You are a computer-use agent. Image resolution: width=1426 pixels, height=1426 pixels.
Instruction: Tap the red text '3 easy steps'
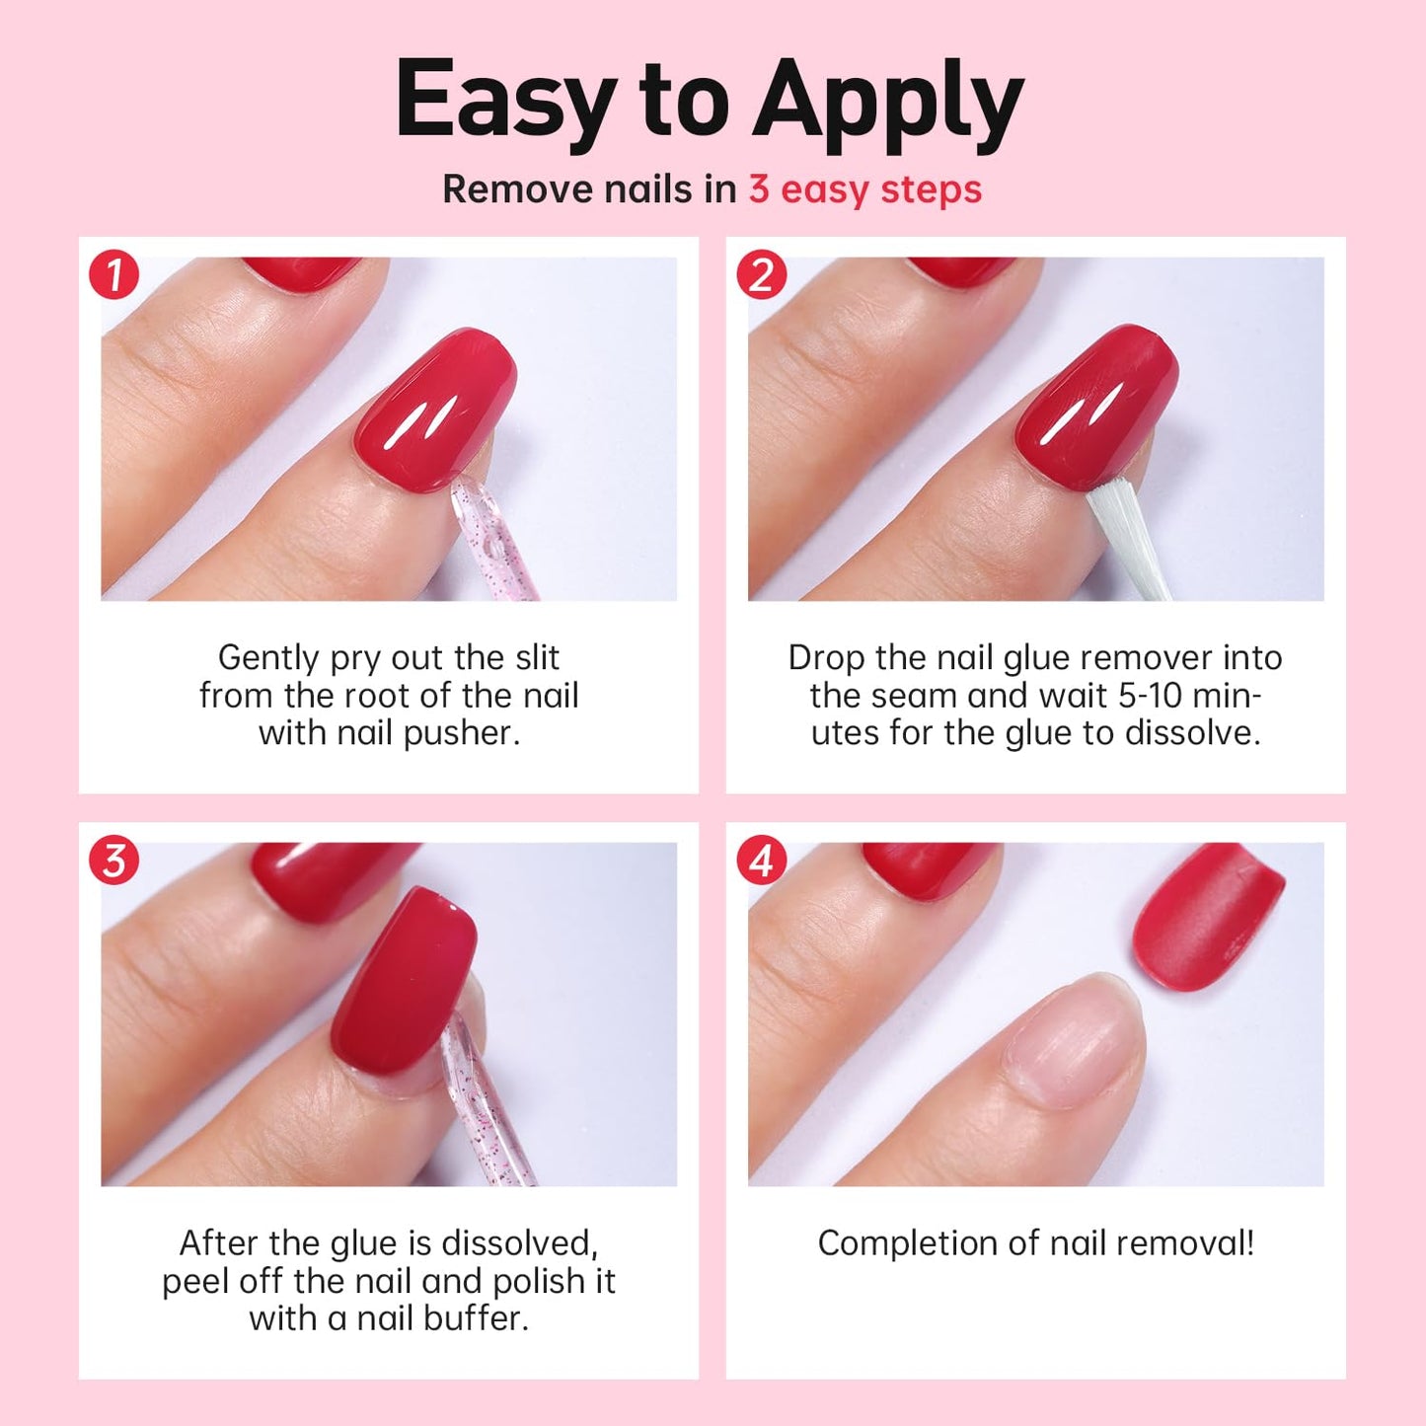[864, 189]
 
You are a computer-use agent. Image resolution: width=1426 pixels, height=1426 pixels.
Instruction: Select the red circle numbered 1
[114, 275]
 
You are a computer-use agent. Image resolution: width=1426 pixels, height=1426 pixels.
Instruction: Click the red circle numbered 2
[761, 275]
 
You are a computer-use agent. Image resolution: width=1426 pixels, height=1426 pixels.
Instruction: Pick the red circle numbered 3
[114, 861]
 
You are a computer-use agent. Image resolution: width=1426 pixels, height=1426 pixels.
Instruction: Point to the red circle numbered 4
[761, 861]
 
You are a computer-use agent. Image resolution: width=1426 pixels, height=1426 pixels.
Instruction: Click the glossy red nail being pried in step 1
[436, 410]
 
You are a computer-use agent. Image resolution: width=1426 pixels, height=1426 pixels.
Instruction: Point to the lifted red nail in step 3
[405, 987]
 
